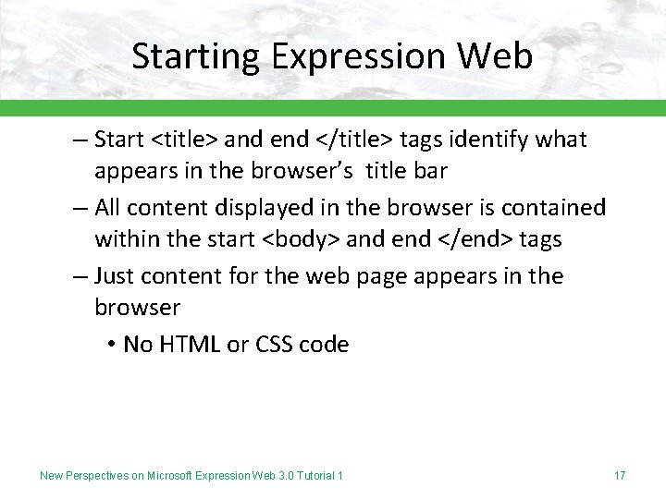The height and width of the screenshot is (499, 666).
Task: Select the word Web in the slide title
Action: [x=495, y=56]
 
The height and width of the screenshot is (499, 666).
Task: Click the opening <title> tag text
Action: [x=184, y=140]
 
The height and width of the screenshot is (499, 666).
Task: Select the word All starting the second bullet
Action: [x=109, y=208]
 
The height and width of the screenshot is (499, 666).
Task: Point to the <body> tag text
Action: [x=302, y=240]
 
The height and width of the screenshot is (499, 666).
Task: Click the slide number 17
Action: [x=620, y=476]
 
